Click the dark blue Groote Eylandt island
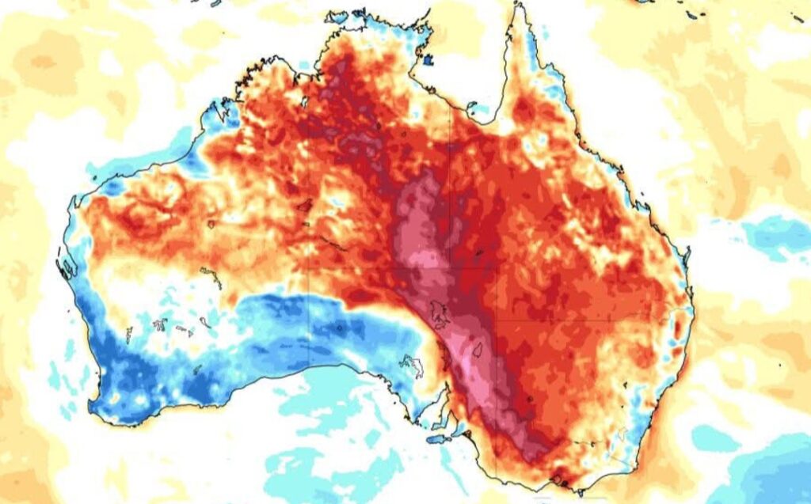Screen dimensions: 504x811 click(x=428, y=59)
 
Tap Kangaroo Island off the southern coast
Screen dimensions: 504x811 click(x=438, y=438)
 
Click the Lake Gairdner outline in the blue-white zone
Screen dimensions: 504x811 click(x=413, y=365)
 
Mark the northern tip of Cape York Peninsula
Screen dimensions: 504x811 click(x=520, y=6)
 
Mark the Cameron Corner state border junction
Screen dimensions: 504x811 click(x=497, y=320)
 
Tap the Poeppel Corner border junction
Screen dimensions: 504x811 click(x=451, y=267)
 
